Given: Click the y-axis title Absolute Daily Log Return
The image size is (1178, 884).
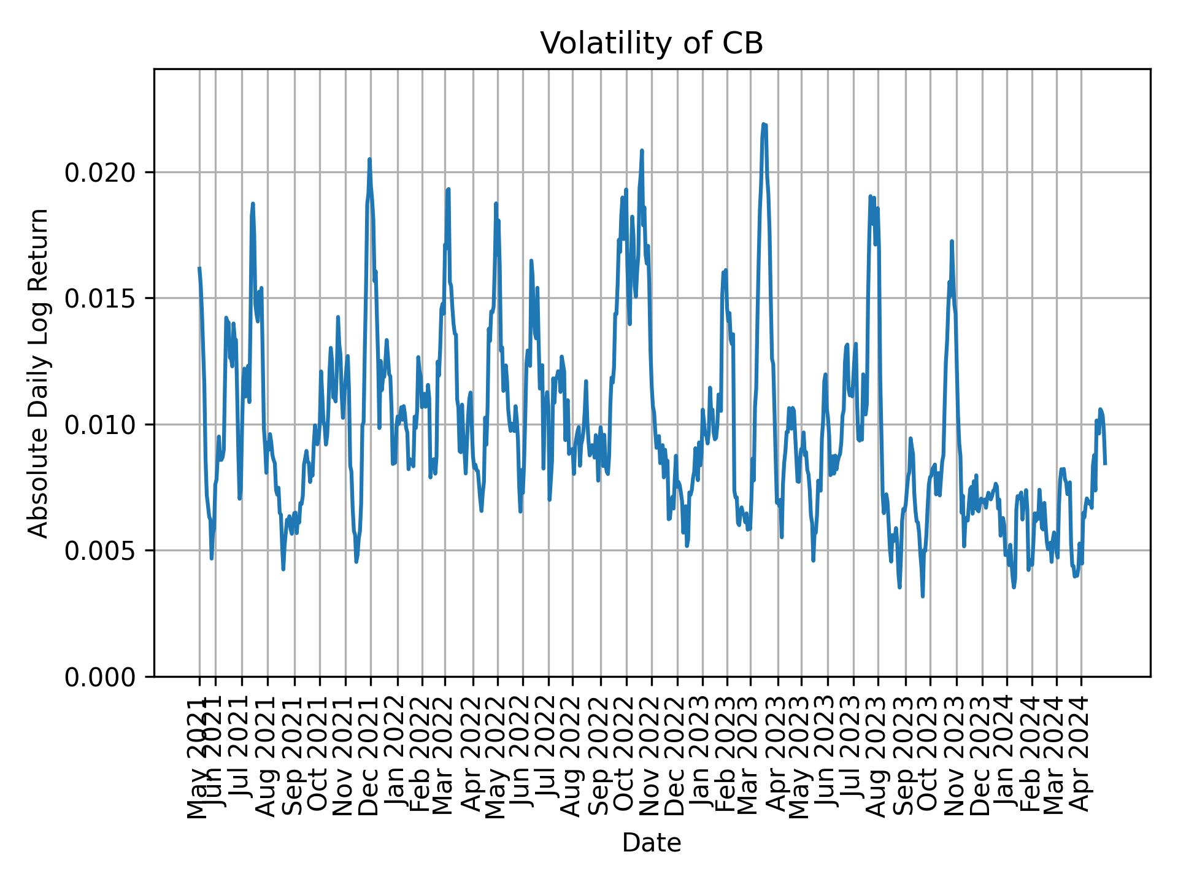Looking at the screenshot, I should pyautogui.click(x=39, y=373).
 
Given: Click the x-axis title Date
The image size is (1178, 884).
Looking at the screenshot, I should pyautogui.click(x=652, y=843).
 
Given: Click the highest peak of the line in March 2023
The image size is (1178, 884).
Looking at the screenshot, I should pyautogui.click(x=763, y=124).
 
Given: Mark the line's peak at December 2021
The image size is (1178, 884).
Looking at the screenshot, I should pyautogui.click(x=369, y=159).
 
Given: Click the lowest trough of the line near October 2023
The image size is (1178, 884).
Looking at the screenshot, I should pyautogui.click(x=922, y=596).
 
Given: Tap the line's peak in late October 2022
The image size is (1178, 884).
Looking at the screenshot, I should pyautogui.click(x=642, y=150).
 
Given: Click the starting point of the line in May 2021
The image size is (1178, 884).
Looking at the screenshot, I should pyautogui.click(x=199, y=268).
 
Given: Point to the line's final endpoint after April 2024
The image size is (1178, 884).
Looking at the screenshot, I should pyautogui.click(x=1105, y=463).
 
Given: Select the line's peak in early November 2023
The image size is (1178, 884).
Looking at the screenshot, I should pyautogui.click(x=952, y=241).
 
